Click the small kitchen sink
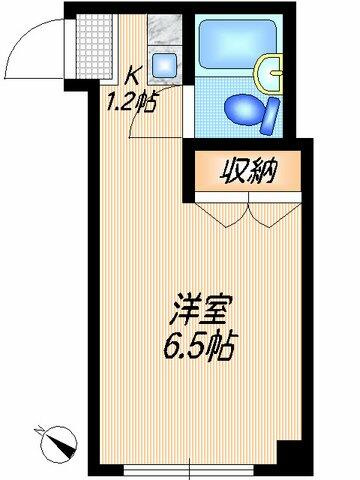165,68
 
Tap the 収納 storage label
247,171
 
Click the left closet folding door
222,213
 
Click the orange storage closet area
247,172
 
